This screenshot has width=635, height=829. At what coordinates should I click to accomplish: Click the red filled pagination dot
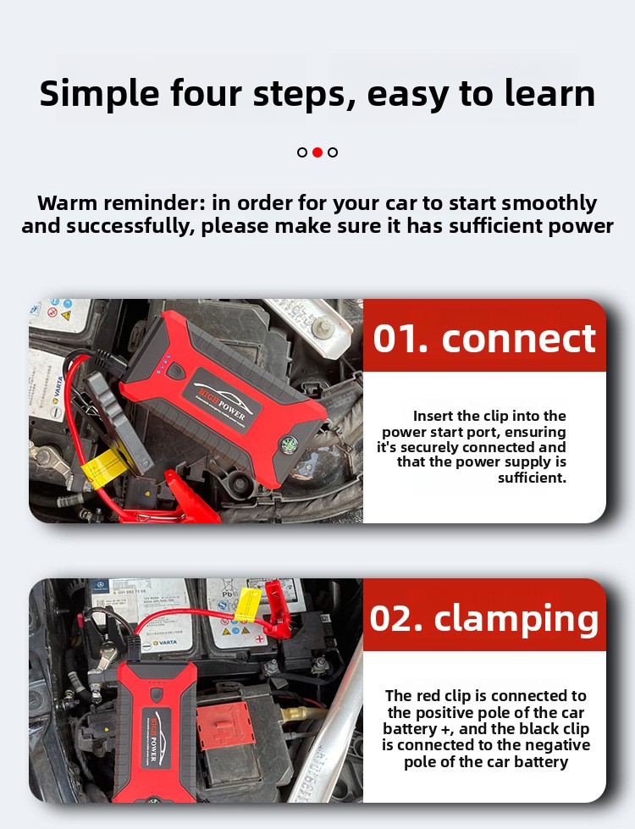[x=317, y=152]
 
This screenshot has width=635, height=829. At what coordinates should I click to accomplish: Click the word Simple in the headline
[x=99, y=95]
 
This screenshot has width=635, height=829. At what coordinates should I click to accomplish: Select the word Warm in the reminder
[x=68, y=203]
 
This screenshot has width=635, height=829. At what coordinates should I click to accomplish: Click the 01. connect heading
[x=484, y=339]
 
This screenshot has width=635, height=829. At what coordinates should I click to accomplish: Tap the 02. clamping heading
[x=484, y=620]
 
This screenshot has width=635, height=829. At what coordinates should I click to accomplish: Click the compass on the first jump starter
[x=289, y=444]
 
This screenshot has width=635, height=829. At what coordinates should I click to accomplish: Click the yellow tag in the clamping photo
[x=247, y=604]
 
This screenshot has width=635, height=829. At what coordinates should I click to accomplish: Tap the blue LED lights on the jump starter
[x=163, y=365]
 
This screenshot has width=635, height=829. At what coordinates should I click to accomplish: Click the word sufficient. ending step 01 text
[x=532, y=478]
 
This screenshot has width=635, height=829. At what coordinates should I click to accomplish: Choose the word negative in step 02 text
[x=558, y=745]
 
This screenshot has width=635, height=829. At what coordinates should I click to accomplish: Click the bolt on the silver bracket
[x=323, y=326]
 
